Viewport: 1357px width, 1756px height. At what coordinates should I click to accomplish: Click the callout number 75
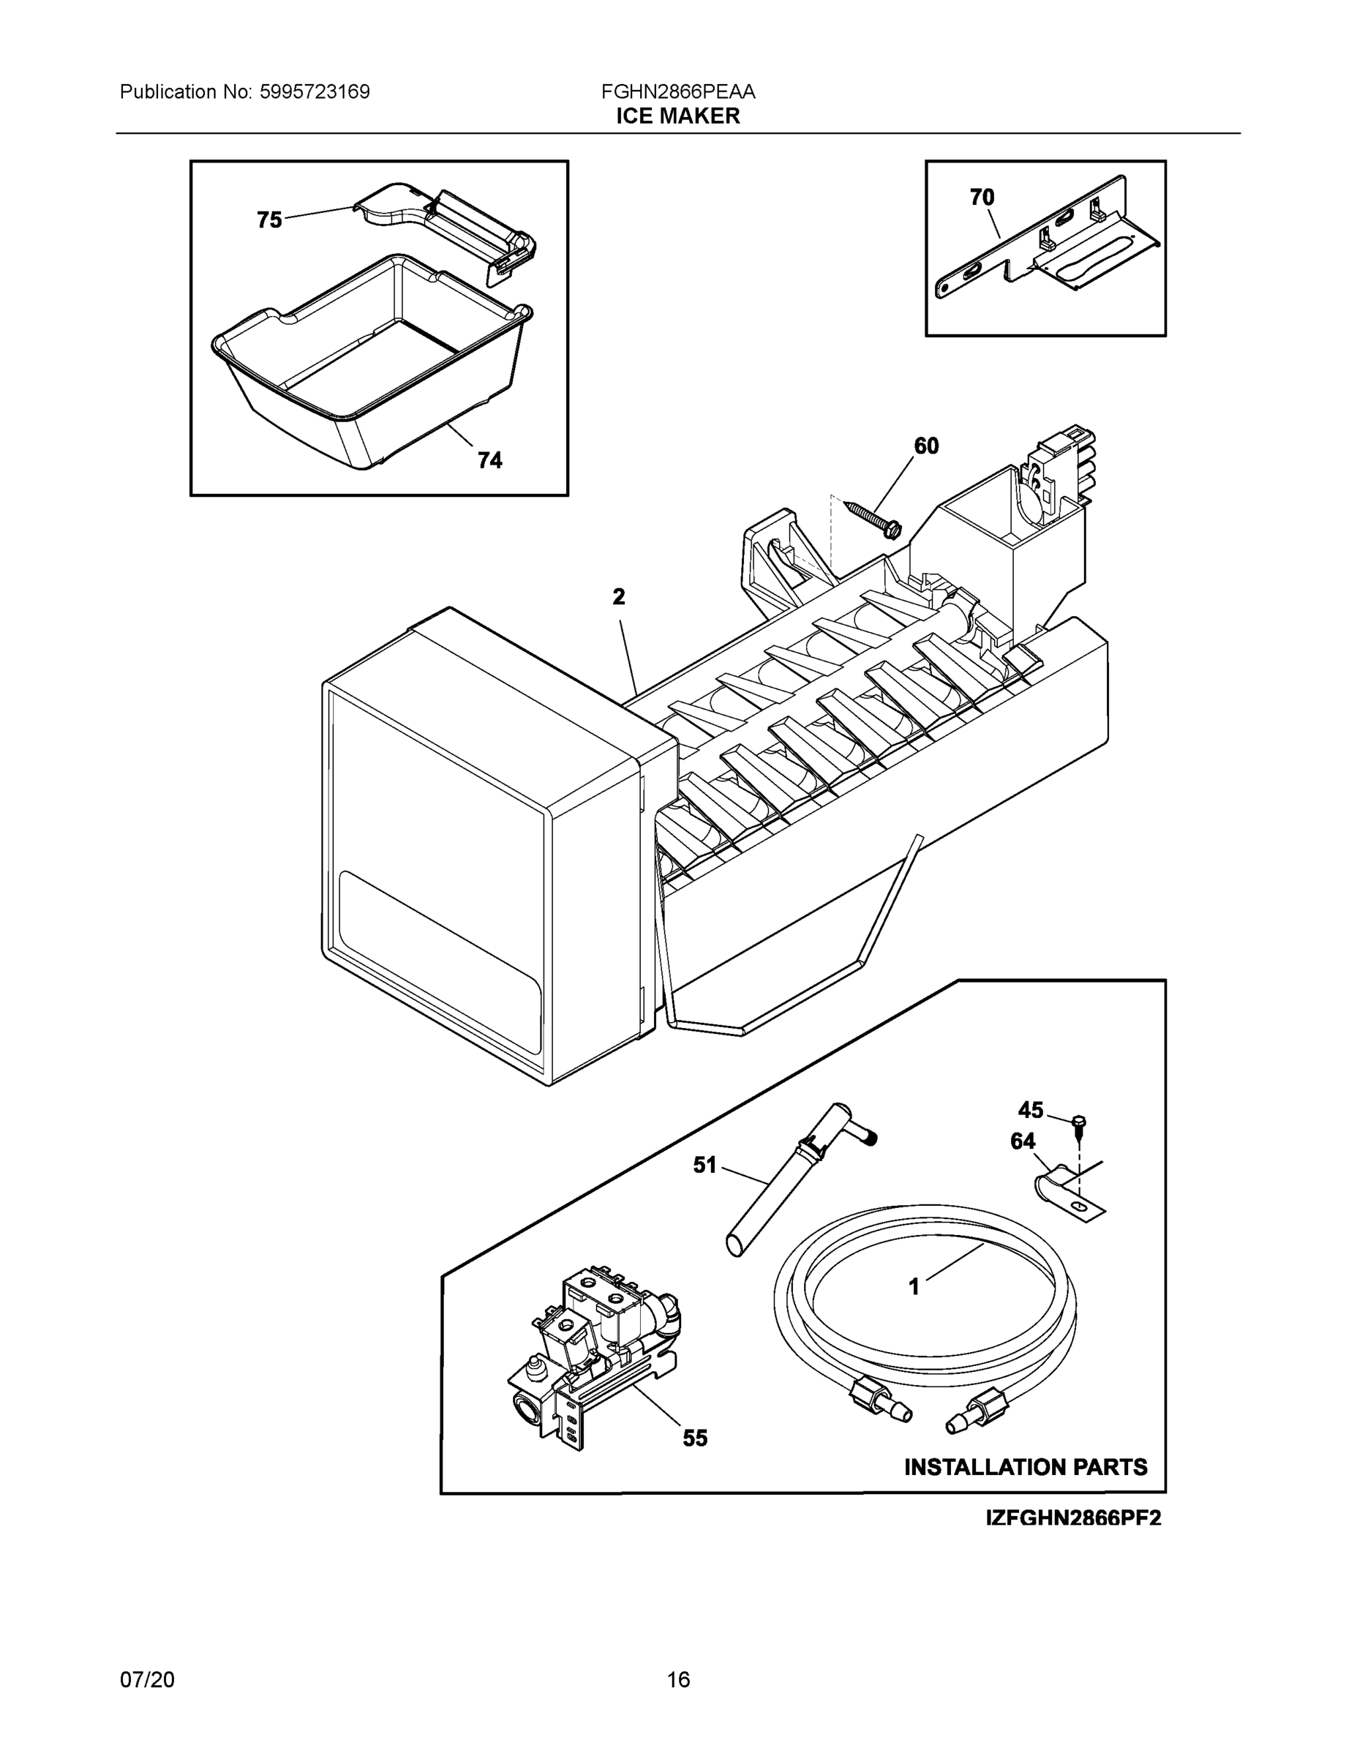(x=269, y=219)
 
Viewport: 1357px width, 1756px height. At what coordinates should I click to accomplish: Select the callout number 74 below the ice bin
(x=489, y=460)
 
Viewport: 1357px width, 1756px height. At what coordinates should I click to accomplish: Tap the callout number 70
(x=982, y=197)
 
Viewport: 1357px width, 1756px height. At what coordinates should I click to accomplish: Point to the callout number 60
(x=926, y=446)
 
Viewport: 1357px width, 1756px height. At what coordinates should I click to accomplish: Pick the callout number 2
(x=618, y=596)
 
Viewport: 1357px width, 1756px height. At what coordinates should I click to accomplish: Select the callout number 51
(x=704, y=1165)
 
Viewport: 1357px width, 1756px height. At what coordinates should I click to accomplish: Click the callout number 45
(x=1030, y=1111)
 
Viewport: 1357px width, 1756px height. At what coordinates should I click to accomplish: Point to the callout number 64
(x=1023, y=1141)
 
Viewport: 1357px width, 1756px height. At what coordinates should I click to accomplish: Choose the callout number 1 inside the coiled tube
(x=913, y=1287)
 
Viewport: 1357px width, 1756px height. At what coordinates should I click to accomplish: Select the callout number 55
(x=696, y=1438)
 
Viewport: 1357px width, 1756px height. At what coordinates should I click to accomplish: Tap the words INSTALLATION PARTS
(x=1026, y=1467)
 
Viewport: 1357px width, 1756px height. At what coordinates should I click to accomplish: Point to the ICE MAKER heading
(x=677, y=116)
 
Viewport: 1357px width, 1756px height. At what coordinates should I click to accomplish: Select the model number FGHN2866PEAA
(x=677, y=91)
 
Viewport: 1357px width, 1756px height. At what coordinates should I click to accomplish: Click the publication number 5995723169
(x=315, y=91)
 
